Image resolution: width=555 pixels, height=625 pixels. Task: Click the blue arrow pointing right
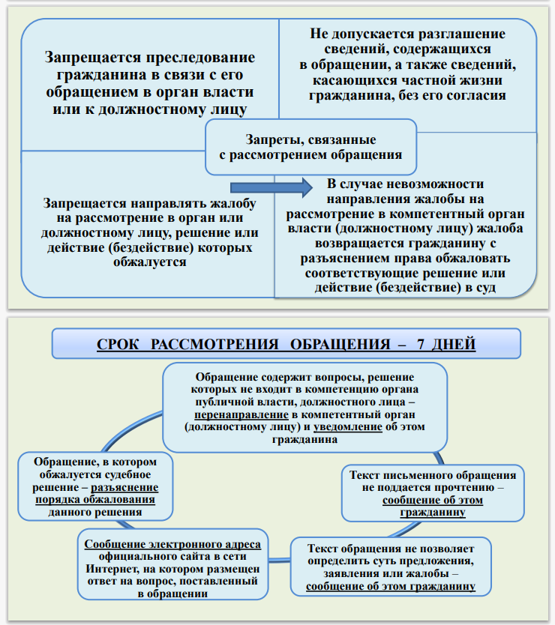tap(268, 185)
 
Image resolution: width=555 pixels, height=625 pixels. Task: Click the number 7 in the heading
tap(421, 345)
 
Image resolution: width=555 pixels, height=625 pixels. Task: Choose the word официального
tap(137, 558)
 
